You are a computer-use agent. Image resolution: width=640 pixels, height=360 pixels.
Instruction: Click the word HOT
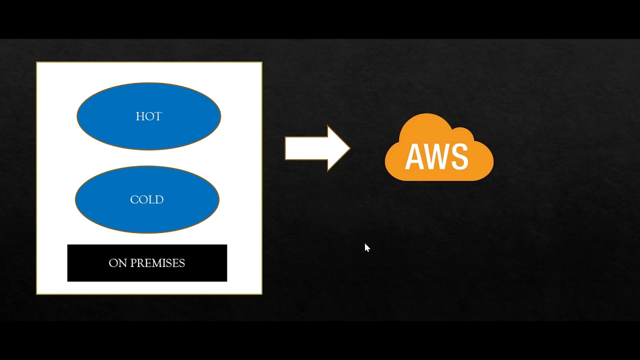[148, 116]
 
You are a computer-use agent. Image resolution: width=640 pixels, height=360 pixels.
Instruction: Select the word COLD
[146, 200]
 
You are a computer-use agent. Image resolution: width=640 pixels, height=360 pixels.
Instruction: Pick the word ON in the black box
[118, 263]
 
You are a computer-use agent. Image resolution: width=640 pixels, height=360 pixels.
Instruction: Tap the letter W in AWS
[436, 156]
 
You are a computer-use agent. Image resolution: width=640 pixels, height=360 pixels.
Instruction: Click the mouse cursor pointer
[367, 247]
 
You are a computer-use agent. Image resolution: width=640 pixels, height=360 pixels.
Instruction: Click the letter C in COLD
[134, 200]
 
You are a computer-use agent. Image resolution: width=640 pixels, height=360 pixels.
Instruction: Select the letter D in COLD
[159, 200]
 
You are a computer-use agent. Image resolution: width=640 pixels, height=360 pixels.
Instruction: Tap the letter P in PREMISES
[133, 263]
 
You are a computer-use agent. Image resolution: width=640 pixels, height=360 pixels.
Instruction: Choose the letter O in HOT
[149, 116]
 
